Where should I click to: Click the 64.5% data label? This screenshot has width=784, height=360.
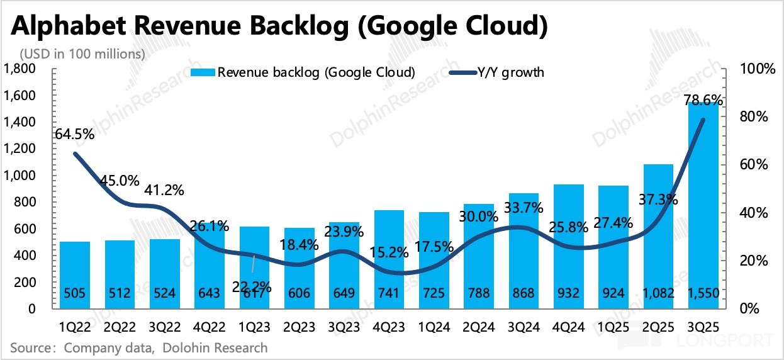pyautogui.click(x=74, y=133)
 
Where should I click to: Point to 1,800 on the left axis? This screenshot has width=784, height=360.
pyautogui.click(x=21, y=68)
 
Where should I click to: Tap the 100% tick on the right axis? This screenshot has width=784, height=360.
pyautogui.click(x=758, y=69)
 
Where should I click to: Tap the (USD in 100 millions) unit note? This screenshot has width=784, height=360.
pyautogui.click(x=82, y=53)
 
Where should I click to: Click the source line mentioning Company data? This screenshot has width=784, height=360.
pyautogui.click(x=138, y=347)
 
